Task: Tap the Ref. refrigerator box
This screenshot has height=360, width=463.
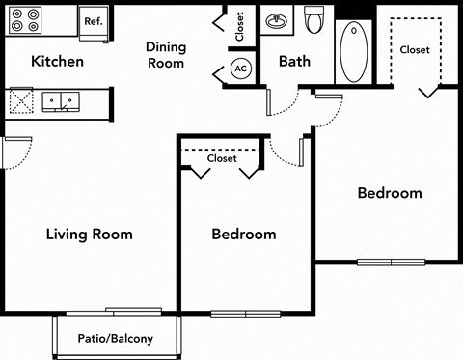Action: [94, 21]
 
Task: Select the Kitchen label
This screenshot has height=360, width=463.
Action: [58, 62]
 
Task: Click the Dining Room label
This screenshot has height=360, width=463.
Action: [165, 55]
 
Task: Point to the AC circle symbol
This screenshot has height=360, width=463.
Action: [241, 69]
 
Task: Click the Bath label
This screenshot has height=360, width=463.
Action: [294, 62]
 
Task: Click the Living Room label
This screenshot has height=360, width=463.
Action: [90, 235]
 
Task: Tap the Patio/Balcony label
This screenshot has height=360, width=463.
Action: [116, 339]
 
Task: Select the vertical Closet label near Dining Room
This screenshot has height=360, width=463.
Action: [240, 25]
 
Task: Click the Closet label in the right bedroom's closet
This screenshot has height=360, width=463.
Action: [415, 49]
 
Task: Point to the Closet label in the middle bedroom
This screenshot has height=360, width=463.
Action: [222, 160]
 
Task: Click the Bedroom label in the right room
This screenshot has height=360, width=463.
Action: [390, 193]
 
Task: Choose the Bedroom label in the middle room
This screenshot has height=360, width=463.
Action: [244, 235]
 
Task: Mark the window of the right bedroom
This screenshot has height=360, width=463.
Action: [388, 262]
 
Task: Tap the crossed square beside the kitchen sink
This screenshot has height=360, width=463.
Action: [20, 99]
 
